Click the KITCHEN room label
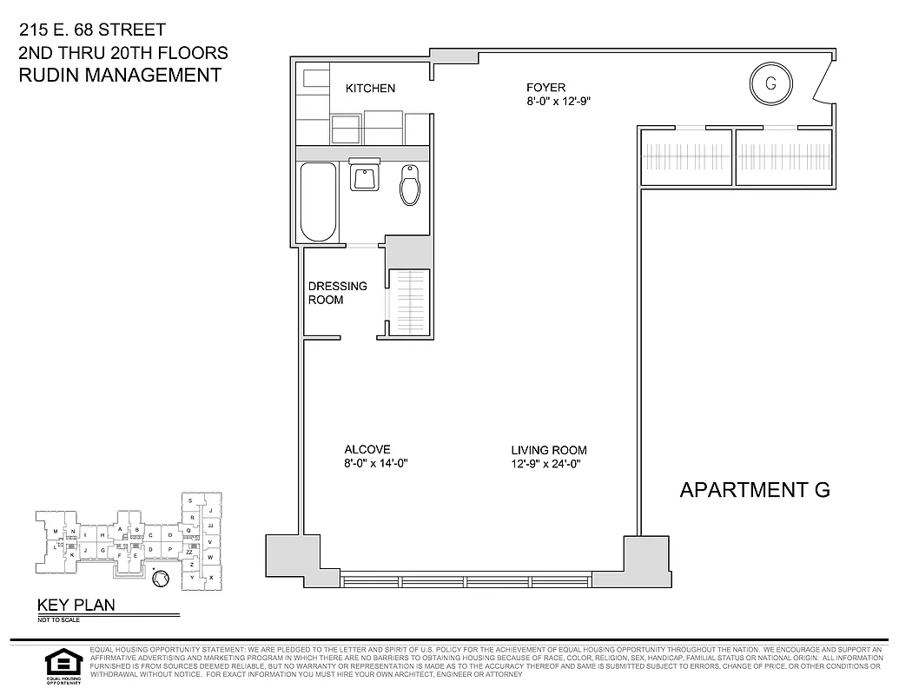click(370, 89)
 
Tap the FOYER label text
click(545, 87)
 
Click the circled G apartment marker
click(770, 83)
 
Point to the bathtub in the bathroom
click(318, 202)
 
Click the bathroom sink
click(364, 176)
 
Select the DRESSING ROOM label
click(337, 293)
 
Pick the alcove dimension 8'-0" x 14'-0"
click(376, 464)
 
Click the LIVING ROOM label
click(548, 450)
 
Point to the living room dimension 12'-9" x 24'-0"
click(545, 464)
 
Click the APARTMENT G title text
click(754, 490)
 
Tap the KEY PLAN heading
click(75, 606)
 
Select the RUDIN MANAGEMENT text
click(120, 75)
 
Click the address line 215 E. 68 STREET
click(92, 30)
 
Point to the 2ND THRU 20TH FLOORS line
click(122, 53)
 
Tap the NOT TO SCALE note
click(56, 620)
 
